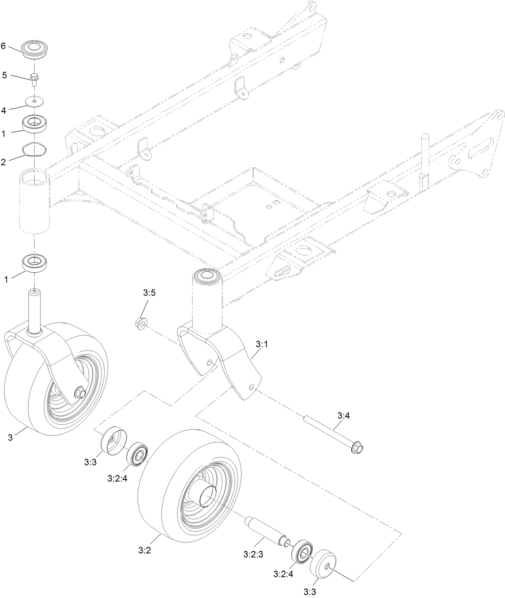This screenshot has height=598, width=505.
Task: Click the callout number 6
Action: [x=4, y=46]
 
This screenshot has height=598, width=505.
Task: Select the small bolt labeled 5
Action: [x=34, y=78]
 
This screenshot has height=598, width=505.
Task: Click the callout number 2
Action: [x=4, y=162]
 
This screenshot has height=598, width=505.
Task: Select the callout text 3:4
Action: [x=343, y=416]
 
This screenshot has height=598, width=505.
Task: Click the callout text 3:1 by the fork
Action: [x=261, y=344]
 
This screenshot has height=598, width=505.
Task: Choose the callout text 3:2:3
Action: [x=253, y=555]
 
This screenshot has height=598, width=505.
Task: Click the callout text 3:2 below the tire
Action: [x=144, y=551]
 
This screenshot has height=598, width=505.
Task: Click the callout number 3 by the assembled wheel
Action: [x=10, y=437]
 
